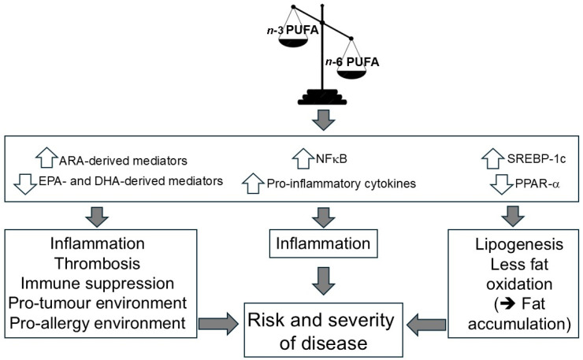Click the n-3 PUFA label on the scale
click(292, 30)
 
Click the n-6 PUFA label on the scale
click(352, 61)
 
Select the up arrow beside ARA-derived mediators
click(46, 158)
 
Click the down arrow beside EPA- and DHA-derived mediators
click(25, 184)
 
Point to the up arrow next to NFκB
click(303, 158)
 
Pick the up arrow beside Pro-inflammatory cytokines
click(253, 183)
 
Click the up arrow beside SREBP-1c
click(493, 158)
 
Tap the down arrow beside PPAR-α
click(502, 184)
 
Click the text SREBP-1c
click(537, 159)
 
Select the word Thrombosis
click(98, 263)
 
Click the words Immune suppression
click(98, 284)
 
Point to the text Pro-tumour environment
click(98, 303)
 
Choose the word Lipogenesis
click(519, 245)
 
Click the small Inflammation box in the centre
click(323, 244)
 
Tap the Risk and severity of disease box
click(323, 330)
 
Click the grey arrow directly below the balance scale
click(323, 120)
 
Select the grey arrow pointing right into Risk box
click(218, 324)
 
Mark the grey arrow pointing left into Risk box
click(426, 325)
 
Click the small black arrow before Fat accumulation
click(508, 304)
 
